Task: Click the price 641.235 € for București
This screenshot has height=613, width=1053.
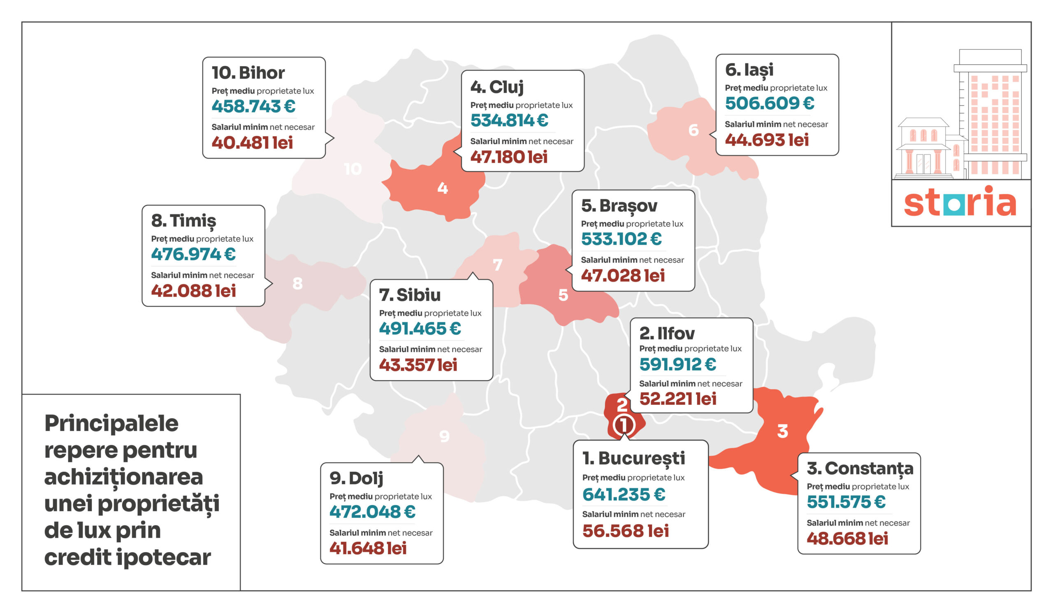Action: point(624,495)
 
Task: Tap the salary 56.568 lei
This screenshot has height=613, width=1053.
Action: point(626,531)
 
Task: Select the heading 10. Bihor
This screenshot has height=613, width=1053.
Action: point(248,73)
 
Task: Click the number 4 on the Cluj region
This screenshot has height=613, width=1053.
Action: point(443,188)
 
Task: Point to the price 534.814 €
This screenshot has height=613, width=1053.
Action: point(509,121)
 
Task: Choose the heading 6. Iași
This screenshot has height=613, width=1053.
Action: point(749,70)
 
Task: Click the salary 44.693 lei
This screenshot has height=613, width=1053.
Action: point(767,140)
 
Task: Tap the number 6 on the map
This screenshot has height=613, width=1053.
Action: point(693,130)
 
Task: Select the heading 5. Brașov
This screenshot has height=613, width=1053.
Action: point(619,206)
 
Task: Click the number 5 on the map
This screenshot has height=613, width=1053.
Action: point(563,295)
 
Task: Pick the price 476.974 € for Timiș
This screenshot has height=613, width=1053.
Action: point(193,254)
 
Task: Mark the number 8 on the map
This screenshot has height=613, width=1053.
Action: point(297,284)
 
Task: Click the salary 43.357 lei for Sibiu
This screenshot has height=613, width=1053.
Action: point(418,365)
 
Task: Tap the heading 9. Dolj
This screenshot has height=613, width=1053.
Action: point(356,478)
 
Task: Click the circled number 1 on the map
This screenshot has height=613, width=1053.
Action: point(624,425)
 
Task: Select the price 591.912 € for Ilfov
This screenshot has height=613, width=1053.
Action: point(678,364)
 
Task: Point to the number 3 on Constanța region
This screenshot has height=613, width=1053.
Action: point(783,431)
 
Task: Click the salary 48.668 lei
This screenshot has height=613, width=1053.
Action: point(847,538)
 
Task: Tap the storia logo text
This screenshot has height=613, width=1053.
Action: point(960,203)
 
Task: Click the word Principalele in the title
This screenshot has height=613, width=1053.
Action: point(111,424)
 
